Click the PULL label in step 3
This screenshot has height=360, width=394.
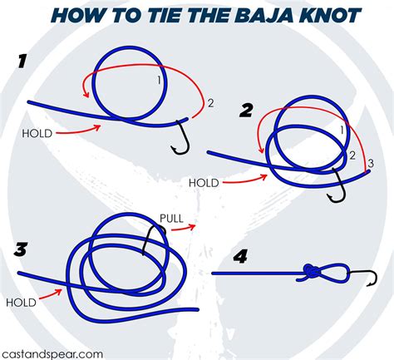[171, 219]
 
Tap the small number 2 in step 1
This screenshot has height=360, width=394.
[210, 103]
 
